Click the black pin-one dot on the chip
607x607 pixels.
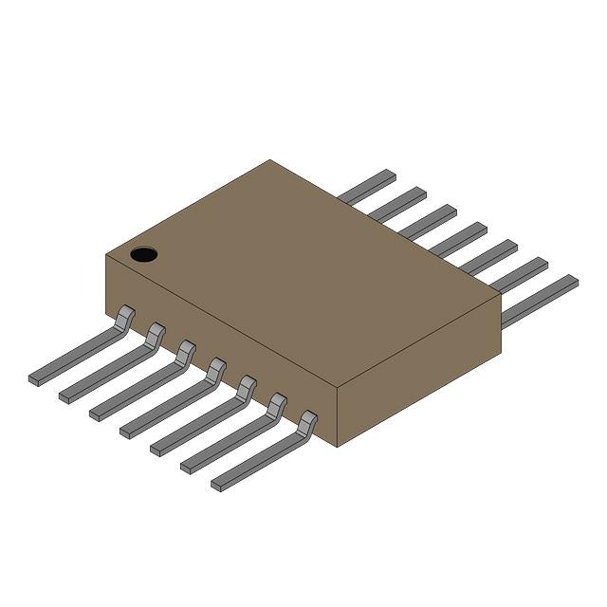143,254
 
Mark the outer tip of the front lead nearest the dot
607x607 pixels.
34,379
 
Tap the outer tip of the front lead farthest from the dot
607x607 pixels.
217,487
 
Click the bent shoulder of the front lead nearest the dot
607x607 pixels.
125,317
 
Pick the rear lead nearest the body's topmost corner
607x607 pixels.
368,187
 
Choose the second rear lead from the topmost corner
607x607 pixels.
398,204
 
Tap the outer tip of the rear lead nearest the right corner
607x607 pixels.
572,282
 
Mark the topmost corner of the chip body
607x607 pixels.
270,160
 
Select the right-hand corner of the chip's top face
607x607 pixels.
500,295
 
